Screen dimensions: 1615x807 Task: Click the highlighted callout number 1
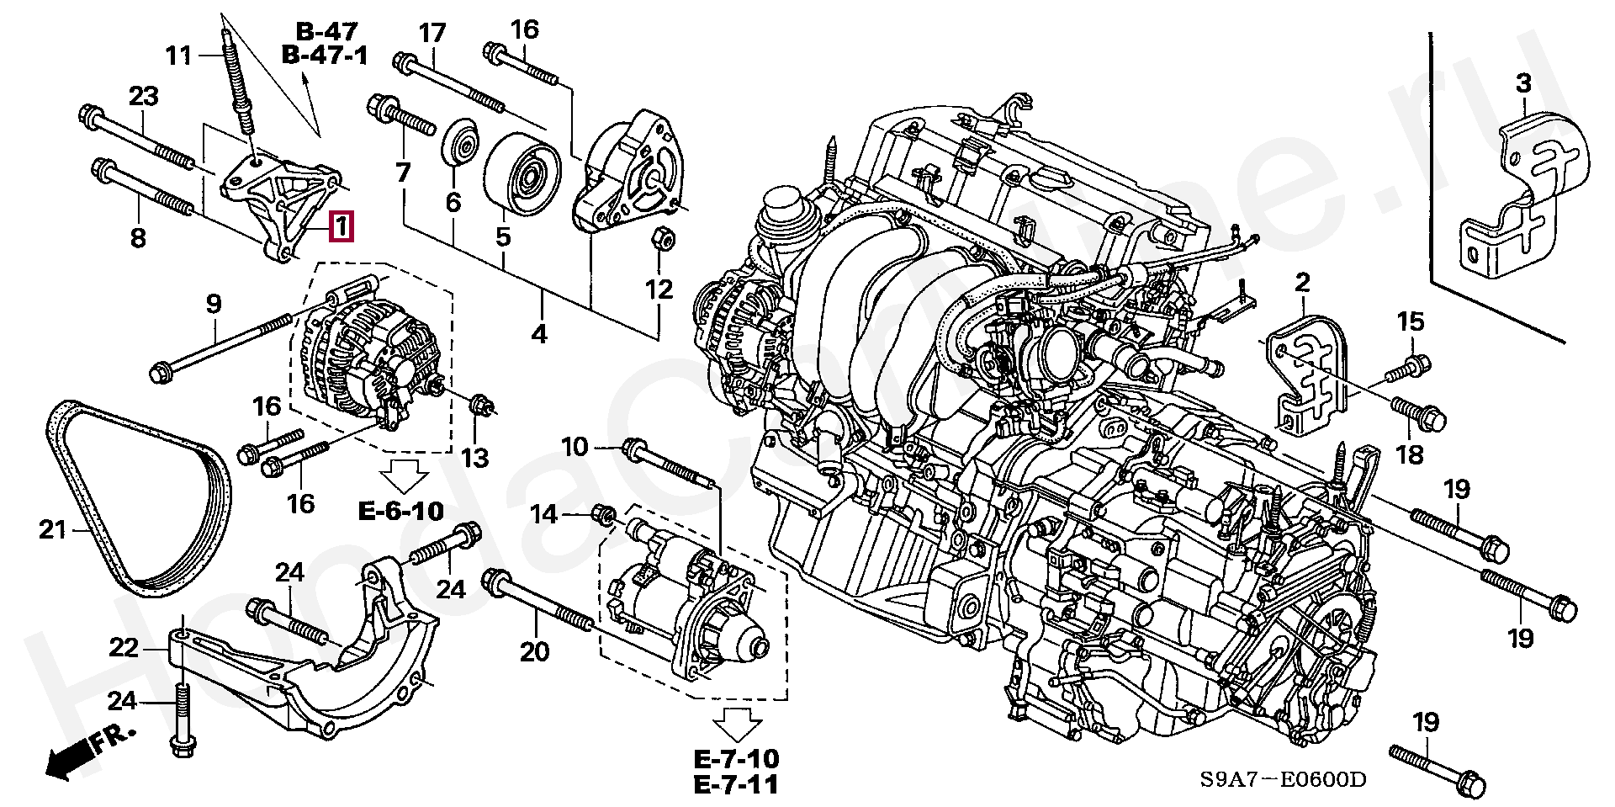[342, 227]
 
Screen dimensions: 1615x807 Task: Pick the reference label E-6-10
[401, 511]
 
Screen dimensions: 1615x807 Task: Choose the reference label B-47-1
[325, 56]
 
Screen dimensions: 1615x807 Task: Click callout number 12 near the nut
[659, 289]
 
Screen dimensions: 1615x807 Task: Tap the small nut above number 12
[661, 240]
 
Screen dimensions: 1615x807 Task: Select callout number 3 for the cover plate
[1523, 83]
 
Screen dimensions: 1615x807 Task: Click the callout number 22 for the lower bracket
[124, 648]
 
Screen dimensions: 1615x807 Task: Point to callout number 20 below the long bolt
[535, 651]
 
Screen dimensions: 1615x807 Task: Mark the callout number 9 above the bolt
[214, 303]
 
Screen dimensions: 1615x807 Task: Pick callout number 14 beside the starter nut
[544, 513]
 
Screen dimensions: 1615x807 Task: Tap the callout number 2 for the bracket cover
[1302, 283]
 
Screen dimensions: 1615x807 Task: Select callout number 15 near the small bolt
[1411, 321]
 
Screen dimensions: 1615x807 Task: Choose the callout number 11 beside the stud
[178, 56]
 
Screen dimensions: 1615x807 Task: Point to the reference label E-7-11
[736, 784]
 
